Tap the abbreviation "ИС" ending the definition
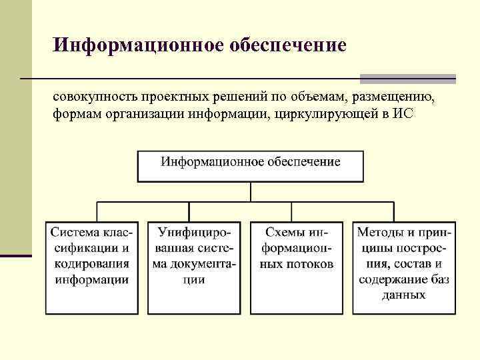coord(404,114)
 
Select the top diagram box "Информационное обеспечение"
coord(251,166)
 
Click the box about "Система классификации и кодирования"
coord(93,267)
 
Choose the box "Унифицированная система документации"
coord(194,267)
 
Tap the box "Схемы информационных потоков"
coord(297,267)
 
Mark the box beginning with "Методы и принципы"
coord(405,267)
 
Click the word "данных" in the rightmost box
coord(404,295)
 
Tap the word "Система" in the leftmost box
coord(73,233)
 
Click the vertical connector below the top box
coord(251,191)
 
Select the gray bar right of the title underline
coord(407,78)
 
